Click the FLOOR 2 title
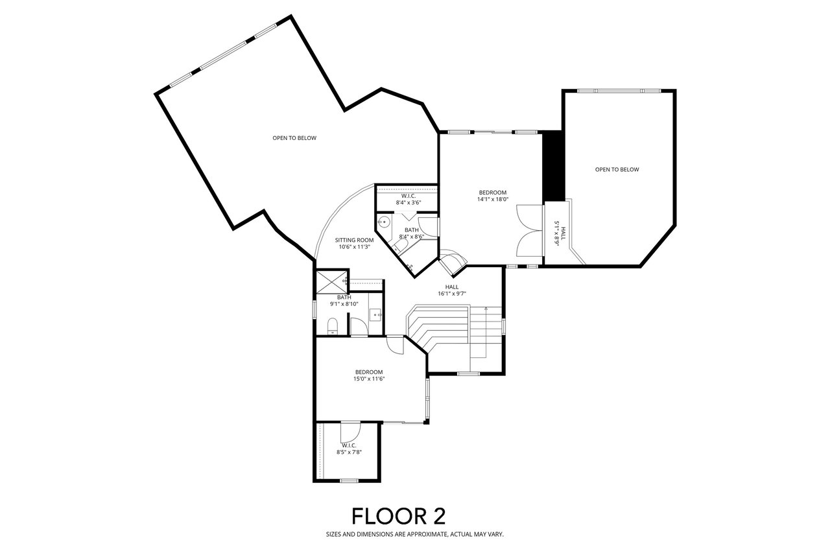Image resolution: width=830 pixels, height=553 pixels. [x=398, y=516]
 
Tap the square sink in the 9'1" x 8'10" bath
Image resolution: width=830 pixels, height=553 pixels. [x=375, y=314]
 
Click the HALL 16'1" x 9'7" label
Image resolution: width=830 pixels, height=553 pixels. [x=452, y=290]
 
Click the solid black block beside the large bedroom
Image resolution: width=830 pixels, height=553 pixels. [x=552, y=165]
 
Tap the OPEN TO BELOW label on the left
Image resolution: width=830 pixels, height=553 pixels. [x=294, y=137]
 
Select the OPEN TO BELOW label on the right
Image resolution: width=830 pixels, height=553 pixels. [x=617, y=170]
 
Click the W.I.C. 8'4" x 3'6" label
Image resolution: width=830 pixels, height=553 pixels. [x=409, y=199]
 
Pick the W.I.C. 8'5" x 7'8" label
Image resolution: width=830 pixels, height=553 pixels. [x=349, y=449]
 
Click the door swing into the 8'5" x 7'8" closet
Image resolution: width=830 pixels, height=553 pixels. [x=350, y=431]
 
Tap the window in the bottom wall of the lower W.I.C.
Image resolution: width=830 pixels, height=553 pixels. [x=349, y=480]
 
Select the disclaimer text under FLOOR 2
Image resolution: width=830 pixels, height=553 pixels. [x=414, y=535]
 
